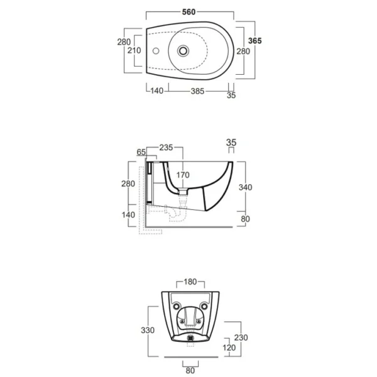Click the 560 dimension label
[x=188, y=12]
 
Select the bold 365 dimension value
[x=255, y=41]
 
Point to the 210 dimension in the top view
[x=134, y=50]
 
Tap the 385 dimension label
[x=197, y=91]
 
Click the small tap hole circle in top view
[x=156, y=51]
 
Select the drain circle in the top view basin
[x=183, y=51]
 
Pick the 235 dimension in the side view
[x=166, y=148]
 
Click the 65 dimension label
[x=141, y=152]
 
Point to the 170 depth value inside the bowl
[x=183, y=175]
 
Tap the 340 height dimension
[x=245, y=187]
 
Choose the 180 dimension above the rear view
[x=190, y=281]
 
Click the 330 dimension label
[x=148, y=331]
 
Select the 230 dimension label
[x=241, y=337]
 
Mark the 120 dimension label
[x=229, y=347]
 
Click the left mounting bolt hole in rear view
[x=176, y=307]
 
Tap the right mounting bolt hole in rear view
[x=204, y=307]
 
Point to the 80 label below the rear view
[x=190, y=371]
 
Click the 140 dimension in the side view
[x=128, y=215]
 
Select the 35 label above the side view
[x=231, y=143]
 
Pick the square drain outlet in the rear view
[x=190, y=338]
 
